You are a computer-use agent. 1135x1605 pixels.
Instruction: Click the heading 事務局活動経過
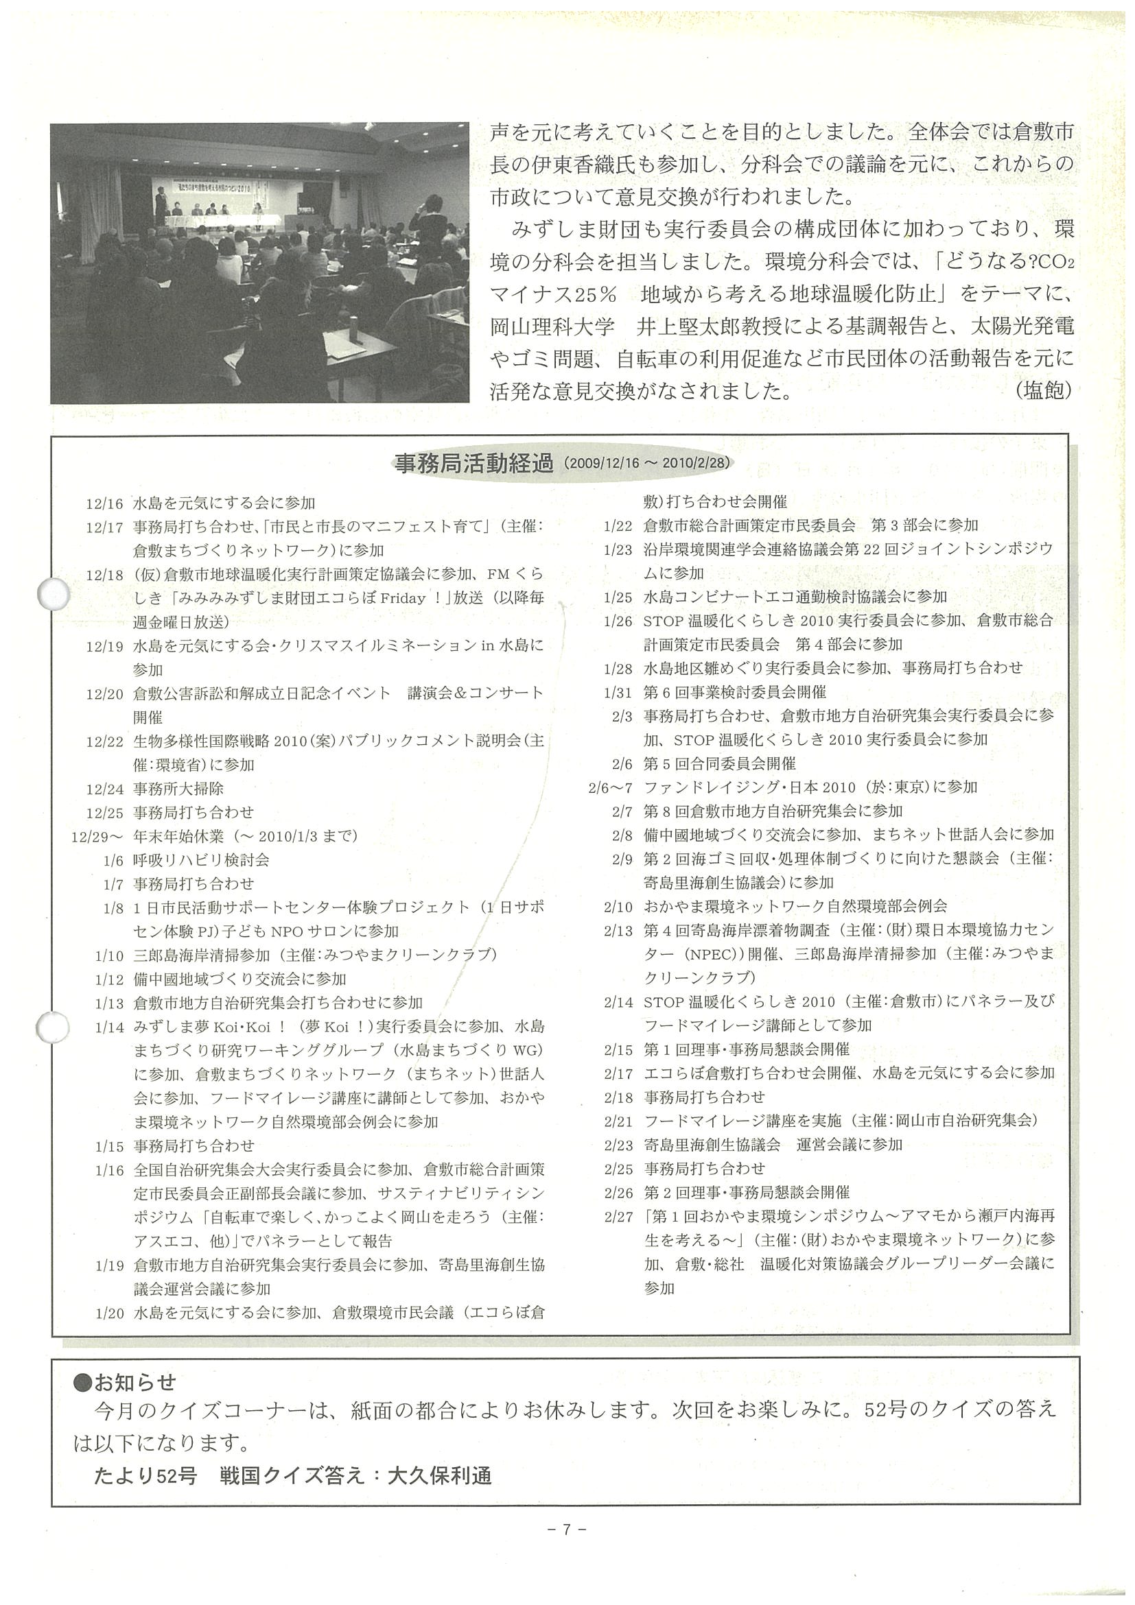point(474,464)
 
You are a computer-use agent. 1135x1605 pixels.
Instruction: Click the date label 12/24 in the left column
point(104,789)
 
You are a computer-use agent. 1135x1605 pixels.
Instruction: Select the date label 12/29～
point(97,837)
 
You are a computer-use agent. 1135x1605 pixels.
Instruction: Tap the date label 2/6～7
point(611,788)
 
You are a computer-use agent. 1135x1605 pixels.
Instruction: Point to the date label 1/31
point(618,692)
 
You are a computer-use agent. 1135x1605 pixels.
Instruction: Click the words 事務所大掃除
point(179,789)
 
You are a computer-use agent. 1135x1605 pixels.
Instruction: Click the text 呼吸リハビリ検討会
point(202,861)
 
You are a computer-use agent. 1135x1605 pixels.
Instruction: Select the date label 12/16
point(104,503)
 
